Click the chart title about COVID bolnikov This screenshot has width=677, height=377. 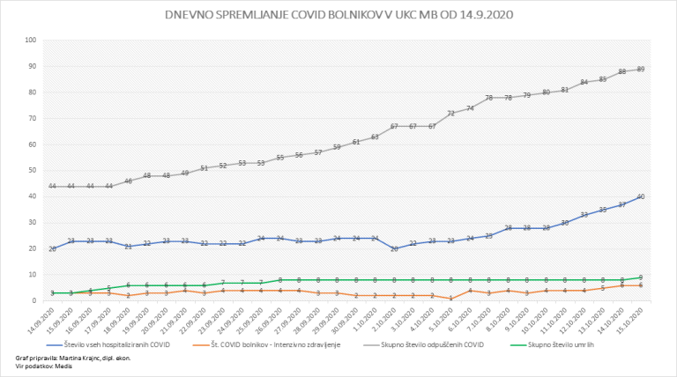[339, 15]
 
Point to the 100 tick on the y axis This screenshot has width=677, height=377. [31, 41]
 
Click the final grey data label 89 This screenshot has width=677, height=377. [640, 69]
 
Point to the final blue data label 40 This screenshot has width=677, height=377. [640, 196]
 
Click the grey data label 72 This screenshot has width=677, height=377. [451, 113]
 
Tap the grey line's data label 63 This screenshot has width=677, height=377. [375, 137]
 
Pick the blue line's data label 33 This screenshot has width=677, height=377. [584, 215]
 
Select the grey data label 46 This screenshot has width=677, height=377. [129, 181]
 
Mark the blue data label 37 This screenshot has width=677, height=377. [621, 204]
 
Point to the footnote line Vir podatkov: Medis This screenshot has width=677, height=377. [42, 366]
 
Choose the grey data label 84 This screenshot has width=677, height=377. [584, 82]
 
